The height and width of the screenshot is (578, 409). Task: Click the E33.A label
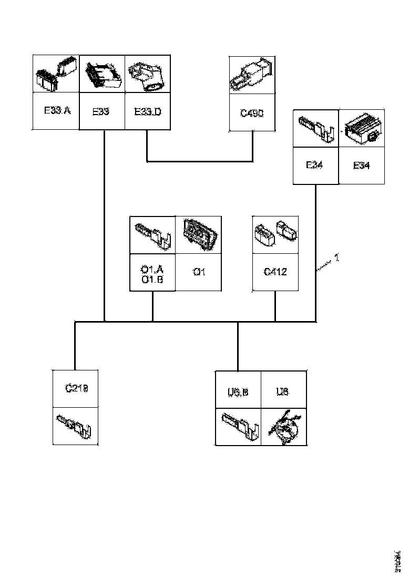click(57, 111)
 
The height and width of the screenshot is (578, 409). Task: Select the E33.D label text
click(148, 111)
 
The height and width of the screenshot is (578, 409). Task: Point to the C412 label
click(275, 272)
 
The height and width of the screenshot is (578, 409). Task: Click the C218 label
click(77, 389)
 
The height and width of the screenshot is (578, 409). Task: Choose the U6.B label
click(238, 392)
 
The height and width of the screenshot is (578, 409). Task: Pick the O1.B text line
click(152, 279)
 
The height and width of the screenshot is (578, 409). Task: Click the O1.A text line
click(152, 270)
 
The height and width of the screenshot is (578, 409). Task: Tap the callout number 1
click(336, 258)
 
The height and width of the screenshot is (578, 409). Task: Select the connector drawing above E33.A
click(56, 74)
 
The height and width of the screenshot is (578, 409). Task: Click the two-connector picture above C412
click(275, 234)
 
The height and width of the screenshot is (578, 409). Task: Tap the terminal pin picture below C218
click(76, 426)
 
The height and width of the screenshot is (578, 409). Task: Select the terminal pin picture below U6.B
click(238, 426)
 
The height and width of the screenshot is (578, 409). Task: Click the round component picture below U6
click(284, 426)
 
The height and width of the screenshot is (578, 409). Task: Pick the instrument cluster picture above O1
click(198, 234)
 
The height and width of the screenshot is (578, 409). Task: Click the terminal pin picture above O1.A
click(152, 235)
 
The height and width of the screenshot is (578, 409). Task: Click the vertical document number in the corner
click(398, 559)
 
